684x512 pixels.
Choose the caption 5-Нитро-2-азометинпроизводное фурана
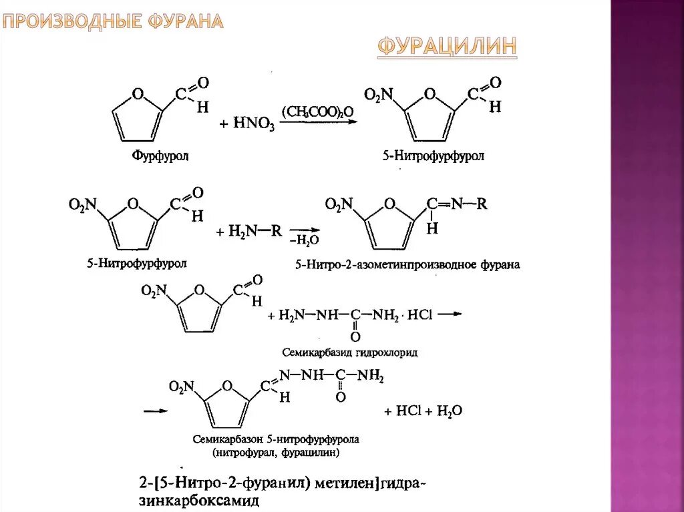point(407,265)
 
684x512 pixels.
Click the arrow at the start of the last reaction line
point(155,411)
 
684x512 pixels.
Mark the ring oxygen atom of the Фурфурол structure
point(138,94)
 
